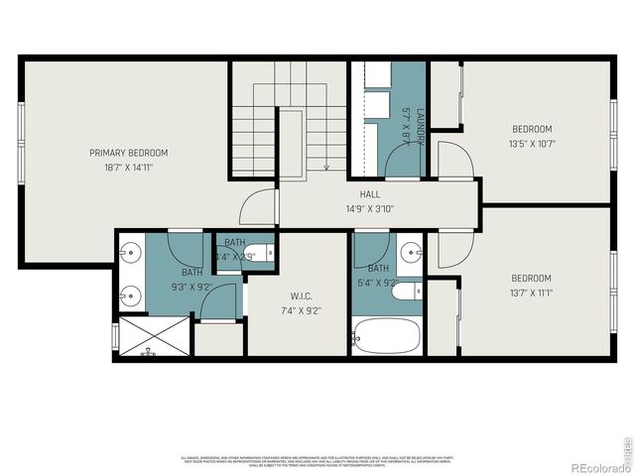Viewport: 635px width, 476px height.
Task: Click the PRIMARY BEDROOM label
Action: (x=128, y=153)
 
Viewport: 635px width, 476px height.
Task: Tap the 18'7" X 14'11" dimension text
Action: (x=128, y=169)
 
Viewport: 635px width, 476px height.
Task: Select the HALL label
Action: (x=370, y=194)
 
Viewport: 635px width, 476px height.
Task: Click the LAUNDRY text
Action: (x=420, y=128)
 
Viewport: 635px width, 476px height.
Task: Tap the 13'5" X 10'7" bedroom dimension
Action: (x=532, y=143)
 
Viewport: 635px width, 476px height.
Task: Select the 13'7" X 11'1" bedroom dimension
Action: (x=532, y=293)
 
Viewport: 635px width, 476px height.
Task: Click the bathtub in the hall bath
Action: (x=387, y=337)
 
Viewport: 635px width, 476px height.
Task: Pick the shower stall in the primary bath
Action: (x=151, y=338)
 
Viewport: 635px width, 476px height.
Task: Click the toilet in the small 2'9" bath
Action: (x=257, y=251)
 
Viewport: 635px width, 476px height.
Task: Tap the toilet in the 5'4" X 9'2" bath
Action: (x=407, y=291)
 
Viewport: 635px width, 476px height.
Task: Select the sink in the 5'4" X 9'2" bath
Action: (x=411, y=252)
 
